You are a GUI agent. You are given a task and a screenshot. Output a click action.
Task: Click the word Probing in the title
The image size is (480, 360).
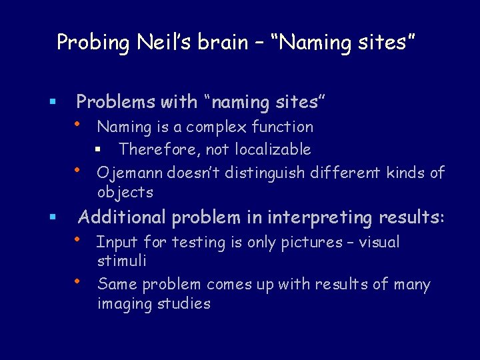[93, 43]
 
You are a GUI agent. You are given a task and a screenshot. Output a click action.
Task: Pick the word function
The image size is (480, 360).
[283, 127]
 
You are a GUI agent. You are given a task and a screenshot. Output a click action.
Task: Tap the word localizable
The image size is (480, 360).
[273, 149]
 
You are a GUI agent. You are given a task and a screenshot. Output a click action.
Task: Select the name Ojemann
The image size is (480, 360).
[129, 173]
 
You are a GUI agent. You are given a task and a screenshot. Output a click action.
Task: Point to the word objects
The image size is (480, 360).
[125, 193]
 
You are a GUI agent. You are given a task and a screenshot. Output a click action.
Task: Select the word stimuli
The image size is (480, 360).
[121, 261]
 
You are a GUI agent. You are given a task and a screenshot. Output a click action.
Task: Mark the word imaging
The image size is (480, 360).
[126, 304]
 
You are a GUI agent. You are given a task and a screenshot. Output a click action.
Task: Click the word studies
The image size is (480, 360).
[184, 304]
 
